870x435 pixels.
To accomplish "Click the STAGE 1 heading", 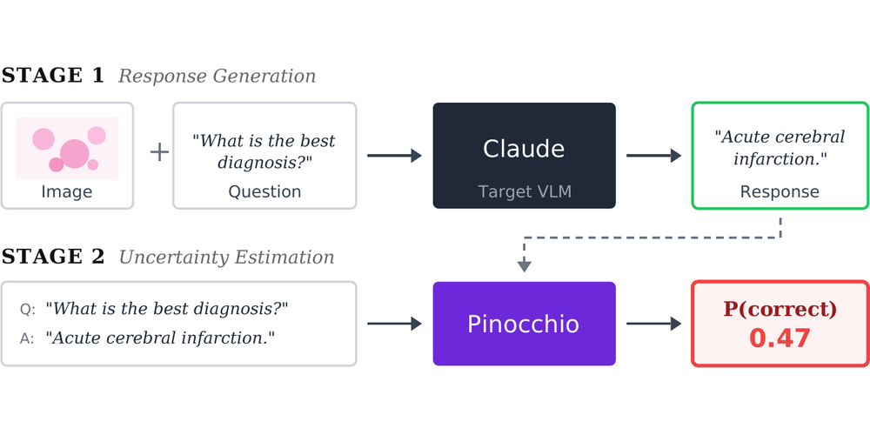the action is pos(53,76).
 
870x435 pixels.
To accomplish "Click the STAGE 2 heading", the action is pos(53,257).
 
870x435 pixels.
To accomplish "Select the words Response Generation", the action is pos(217,76).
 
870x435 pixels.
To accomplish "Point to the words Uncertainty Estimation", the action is pos(226,258).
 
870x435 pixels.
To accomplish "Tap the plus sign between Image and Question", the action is pos(159,152).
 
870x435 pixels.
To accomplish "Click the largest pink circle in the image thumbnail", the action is pos(74,154).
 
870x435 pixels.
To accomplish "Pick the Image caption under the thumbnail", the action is pos(67,192).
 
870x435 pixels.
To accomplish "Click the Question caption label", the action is pos(264,192).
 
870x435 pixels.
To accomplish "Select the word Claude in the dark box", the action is pos(524,149).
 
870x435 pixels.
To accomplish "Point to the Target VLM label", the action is pos(525,192).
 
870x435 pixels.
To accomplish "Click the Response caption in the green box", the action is pos(780,192).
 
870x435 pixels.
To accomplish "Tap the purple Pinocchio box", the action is pos(525,324).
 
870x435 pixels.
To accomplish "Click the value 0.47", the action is pos(780,338).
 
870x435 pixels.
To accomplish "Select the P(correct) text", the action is pos(780,309).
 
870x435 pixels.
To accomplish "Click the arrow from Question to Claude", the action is pos(394,156).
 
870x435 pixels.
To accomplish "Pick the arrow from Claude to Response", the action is pos(653,156).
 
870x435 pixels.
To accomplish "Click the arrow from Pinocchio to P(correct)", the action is pos(653,324).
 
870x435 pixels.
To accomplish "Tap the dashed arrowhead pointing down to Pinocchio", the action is pos(525,267).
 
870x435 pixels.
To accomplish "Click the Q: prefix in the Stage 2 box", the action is pos(28,309).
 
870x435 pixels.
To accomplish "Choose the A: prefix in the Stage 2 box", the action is pos(27,338).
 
